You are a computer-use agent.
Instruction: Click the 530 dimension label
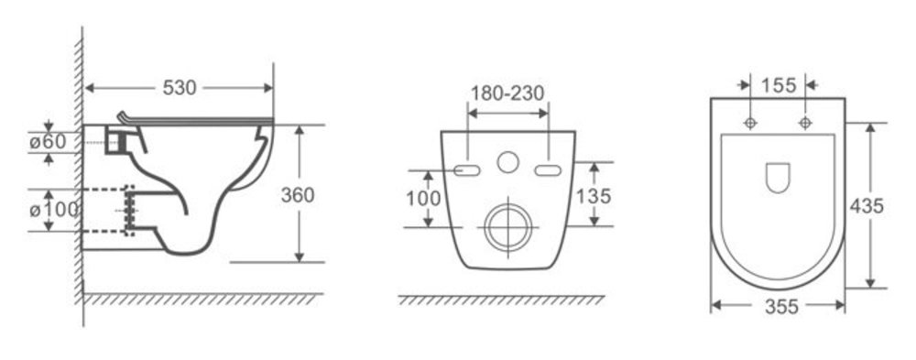pos(180,88)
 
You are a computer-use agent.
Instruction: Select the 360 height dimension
pos(298,195)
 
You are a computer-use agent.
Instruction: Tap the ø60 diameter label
pos(47,141)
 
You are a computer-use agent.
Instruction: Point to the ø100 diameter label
pos(54,209)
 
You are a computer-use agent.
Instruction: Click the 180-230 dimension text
pos(507,93)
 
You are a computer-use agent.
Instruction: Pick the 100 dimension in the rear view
pos(423,199)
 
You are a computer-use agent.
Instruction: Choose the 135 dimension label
pos(594,196)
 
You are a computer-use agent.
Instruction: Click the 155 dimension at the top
pos(778,85)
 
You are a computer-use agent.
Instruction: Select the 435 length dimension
pos(867,206)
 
